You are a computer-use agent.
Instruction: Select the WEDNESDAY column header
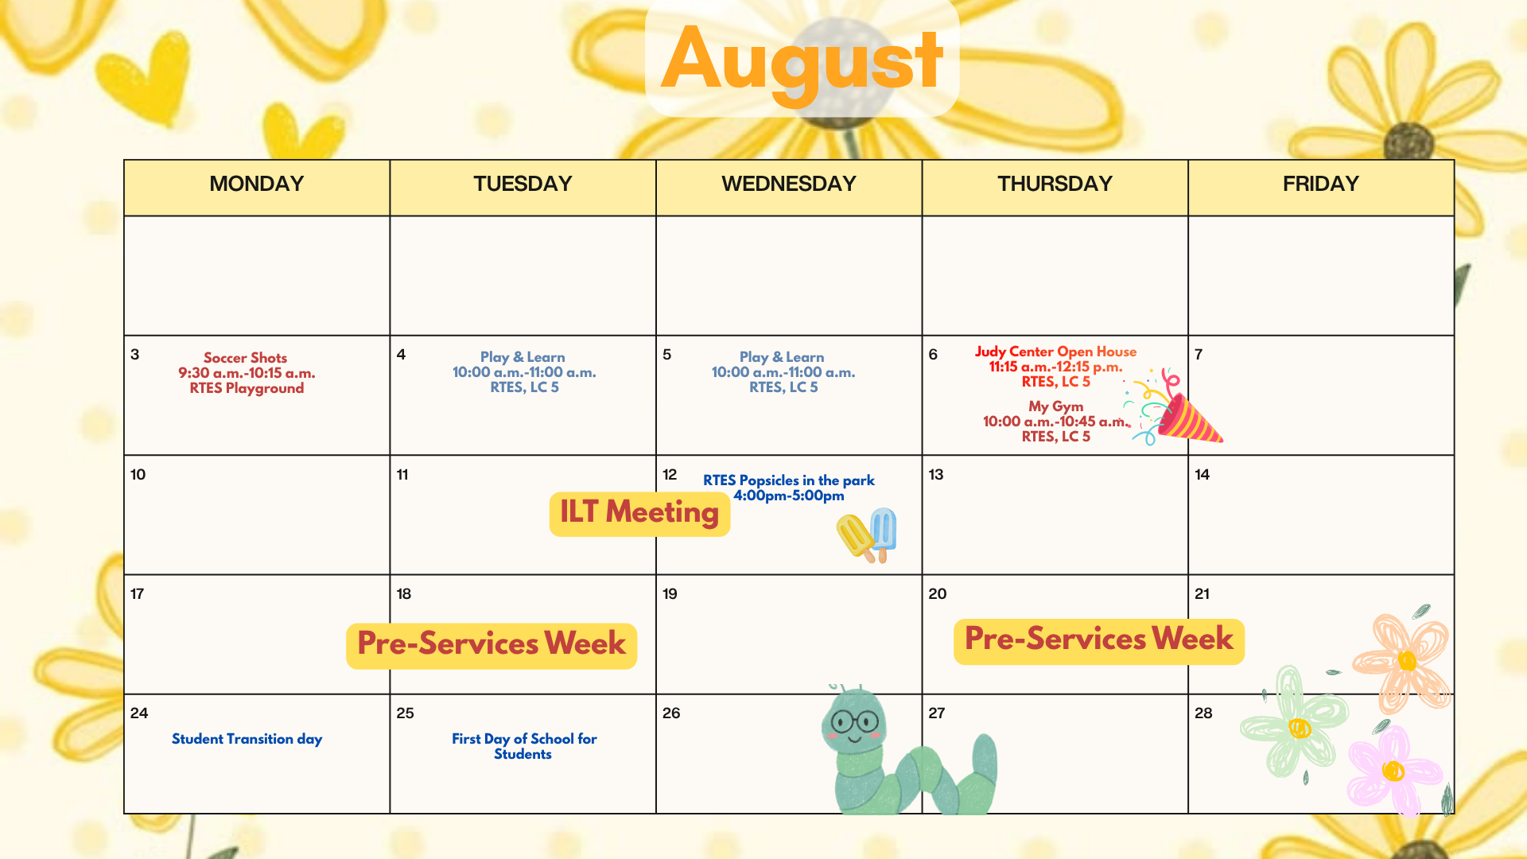pyautogui.click(x=788, y=184)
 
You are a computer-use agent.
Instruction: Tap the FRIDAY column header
pyautogui.click(x=1320, y=184)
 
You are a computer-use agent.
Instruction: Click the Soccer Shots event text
pyautogui.click(x=247, y=373)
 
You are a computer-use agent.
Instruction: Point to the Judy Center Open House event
pyautogui.click(x=1055, y=366)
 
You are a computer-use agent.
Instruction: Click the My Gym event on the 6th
pyautogui.click(x=1055, y=421)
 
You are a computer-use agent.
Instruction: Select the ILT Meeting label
pyautogui.click(x=639, y=513)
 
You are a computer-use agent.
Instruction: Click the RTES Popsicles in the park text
pyautogui.click(x=788, y=488)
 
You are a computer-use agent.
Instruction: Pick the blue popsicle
pyautogui.click(x=884, y=534)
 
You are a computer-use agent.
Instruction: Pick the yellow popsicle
pyautogui.click(x=856, y=538)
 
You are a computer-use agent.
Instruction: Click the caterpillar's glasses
pyautogui.click(x=854, y=722)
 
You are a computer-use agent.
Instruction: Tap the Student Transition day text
pyautogui.click(x=247, y=739)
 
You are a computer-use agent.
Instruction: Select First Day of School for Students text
pyautogui.click(x=524, y=746)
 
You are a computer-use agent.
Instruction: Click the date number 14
pyautogui.click(x=1202, y=475)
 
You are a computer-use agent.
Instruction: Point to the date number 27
pyautogui.click(x=937, y=713)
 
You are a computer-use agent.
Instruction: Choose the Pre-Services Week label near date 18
pyautogui.click(x=492, y=645)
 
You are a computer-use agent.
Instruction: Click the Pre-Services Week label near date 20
pyautogui.click(x=1099, y=640)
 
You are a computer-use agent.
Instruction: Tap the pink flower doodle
pyautogui.click(x=1393, y=770)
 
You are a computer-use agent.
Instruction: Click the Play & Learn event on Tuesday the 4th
pyautogui.click(x=524, y=372)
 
